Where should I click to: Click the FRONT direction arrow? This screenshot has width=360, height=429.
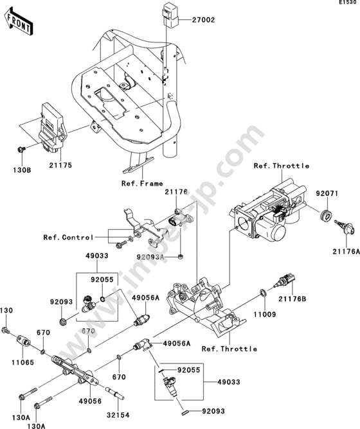(x=19, y=21)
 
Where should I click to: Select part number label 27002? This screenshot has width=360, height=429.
(x=203, y=20)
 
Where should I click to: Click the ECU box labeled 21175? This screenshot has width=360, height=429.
(x=53, y=127)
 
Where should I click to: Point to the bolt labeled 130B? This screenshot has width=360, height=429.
(x=21, y=150)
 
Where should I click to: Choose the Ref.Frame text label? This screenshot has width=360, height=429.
(x=142, y=184)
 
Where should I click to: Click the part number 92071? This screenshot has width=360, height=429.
(x=327, y=194)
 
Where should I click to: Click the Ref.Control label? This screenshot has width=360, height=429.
(x=69, y=237)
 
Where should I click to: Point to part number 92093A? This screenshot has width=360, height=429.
(x=150, y=257)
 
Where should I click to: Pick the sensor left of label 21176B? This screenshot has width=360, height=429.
(x=285, y=281)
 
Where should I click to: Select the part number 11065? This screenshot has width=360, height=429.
(x=22, y=362)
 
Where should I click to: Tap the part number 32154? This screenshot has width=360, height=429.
(x=118, y=415)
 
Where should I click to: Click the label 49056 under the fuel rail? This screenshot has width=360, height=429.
(x=90, y=401)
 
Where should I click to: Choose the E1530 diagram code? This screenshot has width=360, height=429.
(x=350, y=3)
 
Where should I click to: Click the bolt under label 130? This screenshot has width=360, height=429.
(x=6, y=331)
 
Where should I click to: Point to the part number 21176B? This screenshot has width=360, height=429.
(x=292, y=299)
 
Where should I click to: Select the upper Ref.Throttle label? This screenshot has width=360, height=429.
(x=282, y=166)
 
